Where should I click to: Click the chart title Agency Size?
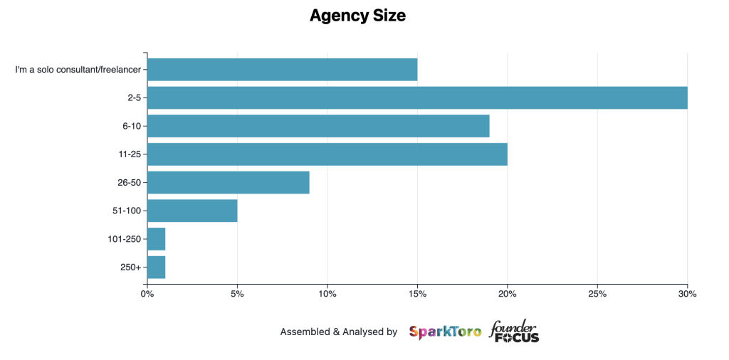pyautogui.click(x=357, y=16)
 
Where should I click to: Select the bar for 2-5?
pyautogui.click(x=416, y=97)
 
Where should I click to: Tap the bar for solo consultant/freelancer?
pyautogui.click(x=282, y=70)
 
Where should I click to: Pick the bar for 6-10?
pyautogui.click(x=318, y=126)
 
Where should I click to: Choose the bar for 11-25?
pyautogui.click(x=327, y=154)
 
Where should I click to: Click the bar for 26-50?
pyautogui.click(x=228, y=182)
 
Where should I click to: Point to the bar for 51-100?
pyautogui.click(x=192, y=211)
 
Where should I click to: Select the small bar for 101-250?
pyautogui.click(x=156, y=239)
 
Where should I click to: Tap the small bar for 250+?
pyautogui.click(x=156, y=267)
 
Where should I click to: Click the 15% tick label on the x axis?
pyautogui.click(x=417, y=293)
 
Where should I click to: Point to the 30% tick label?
pyautogui.click(x=687, y=293)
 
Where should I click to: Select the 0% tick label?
pyautogui.click(x=147, y=293)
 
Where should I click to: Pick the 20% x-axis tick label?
pyautogui.click(x=507, y=293)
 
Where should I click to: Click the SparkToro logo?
pyautogui.click(x=445, y=332)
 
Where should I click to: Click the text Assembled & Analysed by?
pyautogui.click(x=338, y=332)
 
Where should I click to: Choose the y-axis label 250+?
pyautogui.click(x=131, y=268)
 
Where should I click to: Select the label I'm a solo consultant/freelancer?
pyautogui.click(x=78, y=70)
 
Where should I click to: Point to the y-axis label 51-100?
pyautogui.click(x=125, y=211)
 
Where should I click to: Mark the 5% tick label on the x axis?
pyautogui.click(x=237, y=293)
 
